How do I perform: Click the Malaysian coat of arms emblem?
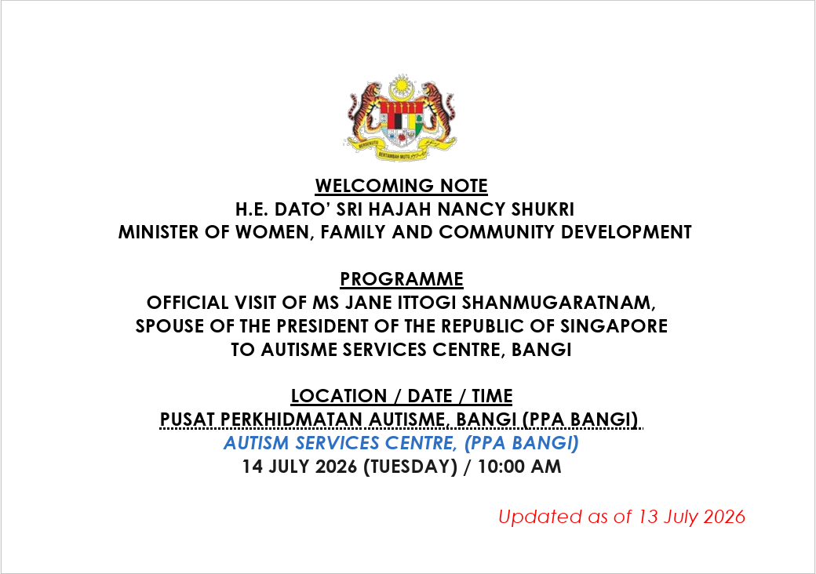click(401, 117)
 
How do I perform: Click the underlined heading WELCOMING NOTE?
click(401, 186)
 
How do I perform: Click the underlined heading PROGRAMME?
click(401, 279)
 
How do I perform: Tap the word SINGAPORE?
click(614, 326)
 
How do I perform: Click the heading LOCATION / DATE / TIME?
click(401, 396)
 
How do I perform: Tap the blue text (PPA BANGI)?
click(522, 443)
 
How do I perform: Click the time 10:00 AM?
click(519, 467)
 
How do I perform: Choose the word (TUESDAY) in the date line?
click(410, 467)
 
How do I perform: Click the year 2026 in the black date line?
click(336, 467)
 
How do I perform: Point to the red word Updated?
click(540, 517)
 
